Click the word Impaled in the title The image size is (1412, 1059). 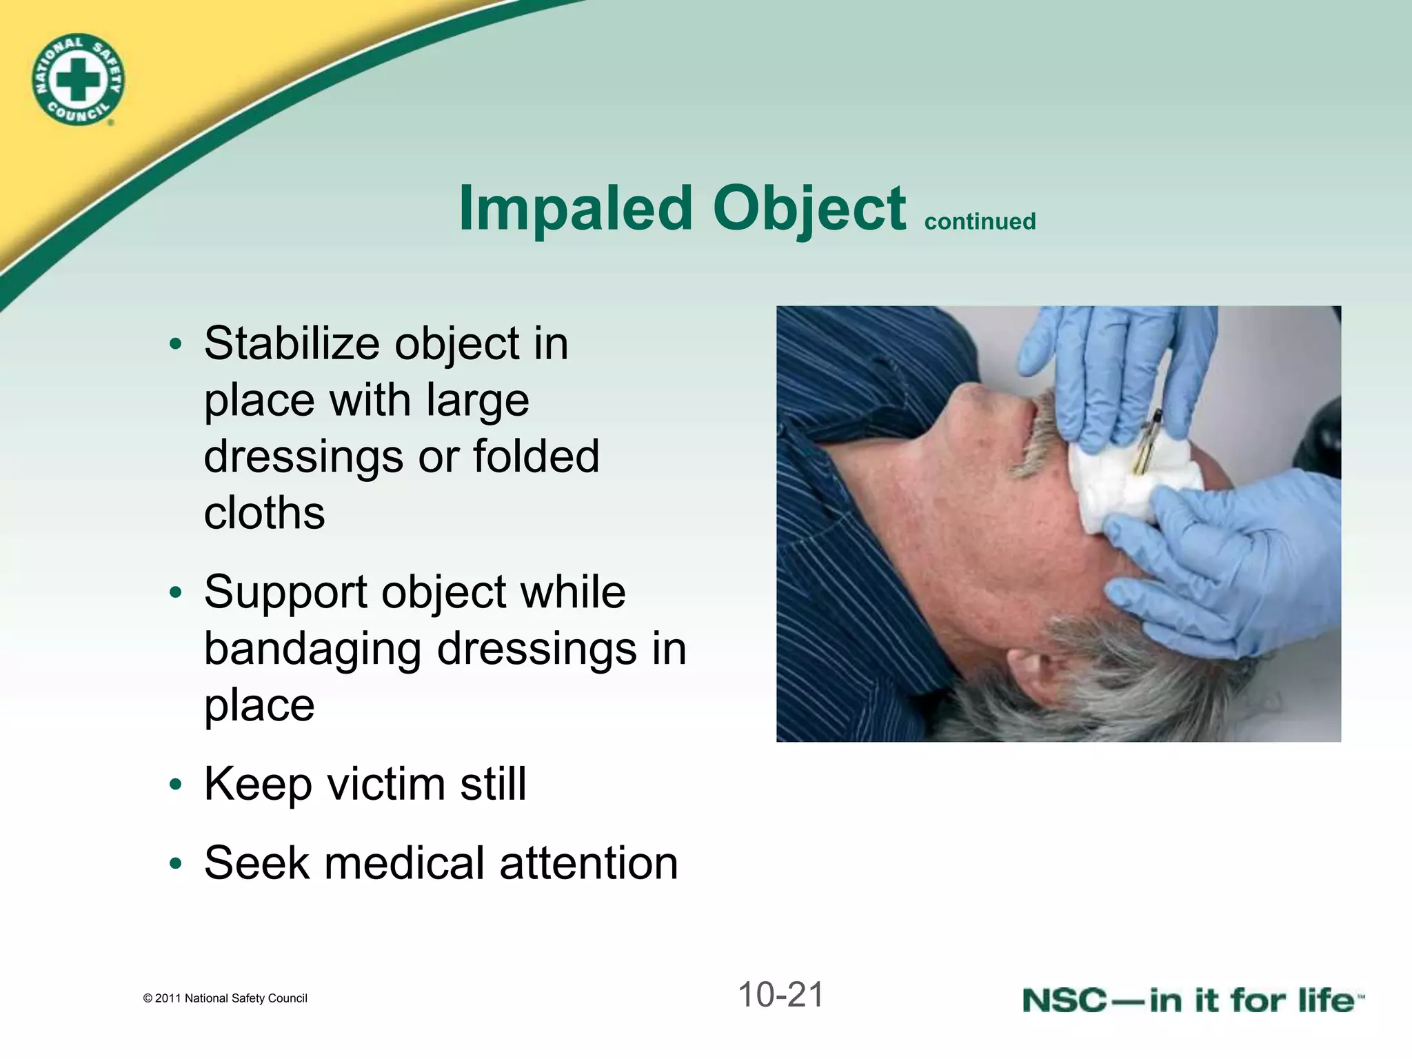[576, 209]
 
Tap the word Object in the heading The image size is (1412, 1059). [809, 209]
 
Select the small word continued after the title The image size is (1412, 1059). [980, 221]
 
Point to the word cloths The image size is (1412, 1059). [264, 513]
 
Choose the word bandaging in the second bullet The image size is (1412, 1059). [313, 649]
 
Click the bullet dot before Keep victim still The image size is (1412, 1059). [176, 785]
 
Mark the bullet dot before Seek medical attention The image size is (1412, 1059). [176, 864]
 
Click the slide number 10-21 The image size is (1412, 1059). [780, 995]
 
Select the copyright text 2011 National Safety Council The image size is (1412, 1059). [225, 998]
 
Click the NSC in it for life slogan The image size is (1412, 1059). [1193, 1000]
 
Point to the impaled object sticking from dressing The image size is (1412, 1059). [1148, 441]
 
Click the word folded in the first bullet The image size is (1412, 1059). [536, 456]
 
